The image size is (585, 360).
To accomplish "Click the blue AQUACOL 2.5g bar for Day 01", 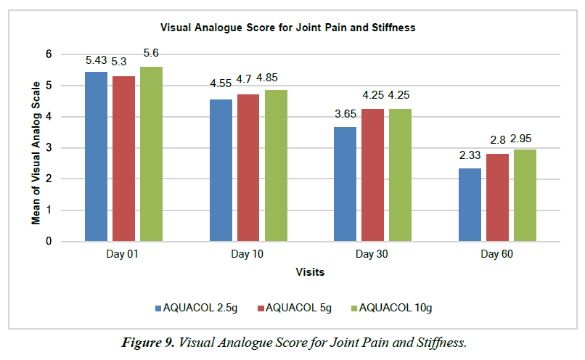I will click(96, 156).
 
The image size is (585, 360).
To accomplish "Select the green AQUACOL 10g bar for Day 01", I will click(151, 153).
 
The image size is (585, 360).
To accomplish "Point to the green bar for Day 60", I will click(525, 195).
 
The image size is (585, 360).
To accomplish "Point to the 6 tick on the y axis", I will click(49, 54).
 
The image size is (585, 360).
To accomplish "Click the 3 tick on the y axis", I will click(49, 148).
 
